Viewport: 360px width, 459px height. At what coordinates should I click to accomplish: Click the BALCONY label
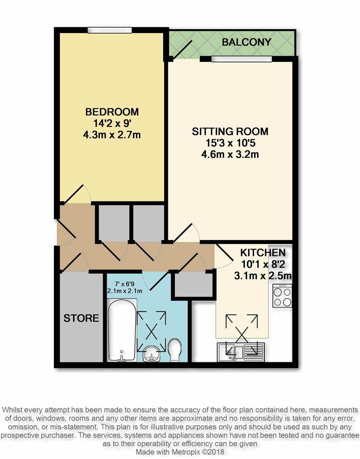click(246, 42)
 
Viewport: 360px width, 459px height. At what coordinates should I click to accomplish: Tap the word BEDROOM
click(112, 112)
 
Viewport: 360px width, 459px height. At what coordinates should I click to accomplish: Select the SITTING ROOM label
click(230, 131)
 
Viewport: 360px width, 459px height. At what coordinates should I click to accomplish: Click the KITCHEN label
click(263, 252)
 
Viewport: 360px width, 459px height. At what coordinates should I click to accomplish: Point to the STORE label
click(81, 318)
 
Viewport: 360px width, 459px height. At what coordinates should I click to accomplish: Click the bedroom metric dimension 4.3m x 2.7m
click(112, 135)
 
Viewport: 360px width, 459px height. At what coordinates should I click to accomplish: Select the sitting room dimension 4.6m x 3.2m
click(230, 154)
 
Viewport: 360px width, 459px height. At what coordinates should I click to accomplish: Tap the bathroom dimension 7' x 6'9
click(125, 284)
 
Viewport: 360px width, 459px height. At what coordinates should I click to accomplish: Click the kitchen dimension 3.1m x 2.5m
click(263, 276)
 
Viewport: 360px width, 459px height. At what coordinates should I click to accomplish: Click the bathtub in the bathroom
click(122, 331)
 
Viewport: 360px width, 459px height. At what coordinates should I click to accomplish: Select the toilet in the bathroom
click(175, 350)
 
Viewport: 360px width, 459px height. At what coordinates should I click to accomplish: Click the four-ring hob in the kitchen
click(282, 296)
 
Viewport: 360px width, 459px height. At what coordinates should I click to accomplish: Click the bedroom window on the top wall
click(110, 30)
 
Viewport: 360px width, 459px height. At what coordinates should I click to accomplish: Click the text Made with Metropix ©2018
click(180, 452)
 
